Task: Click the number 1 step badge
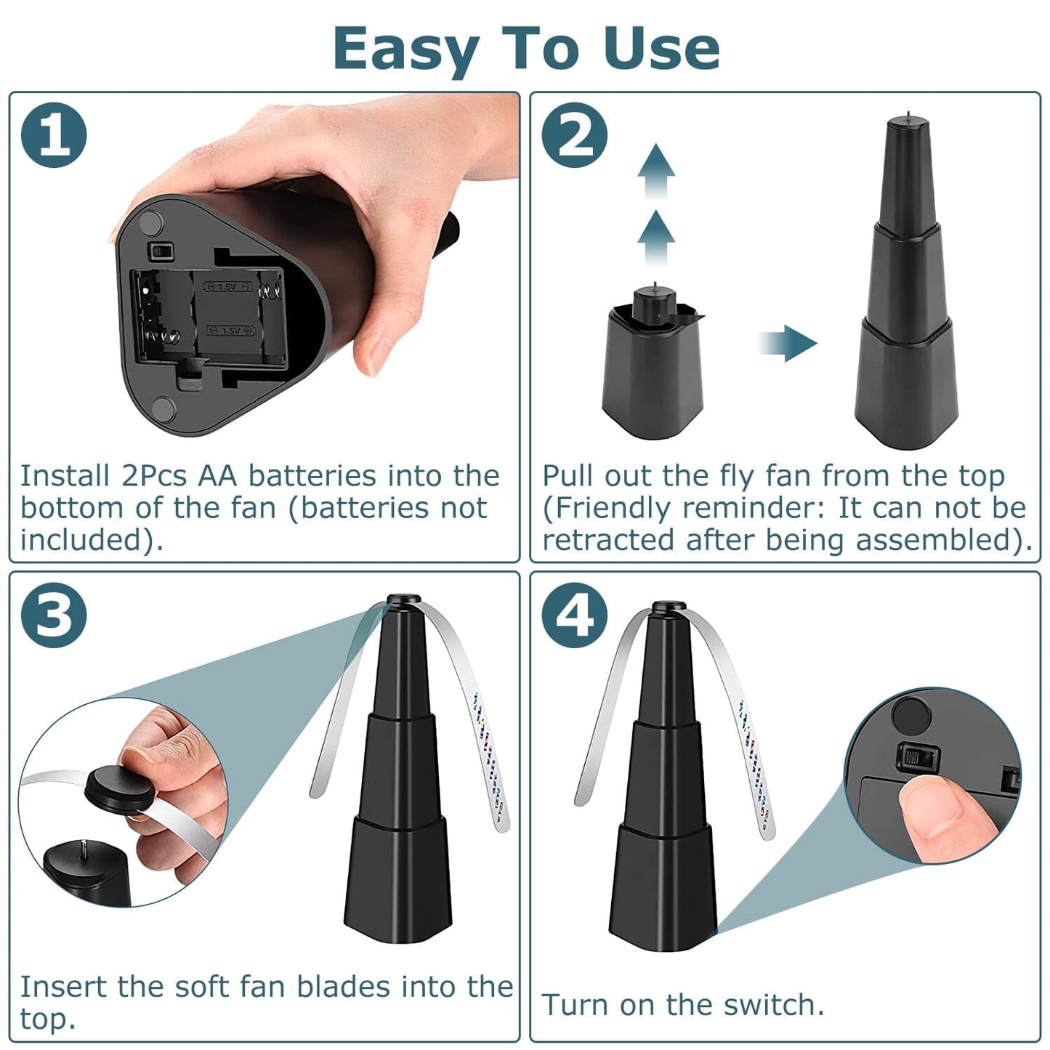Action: click(54, 135)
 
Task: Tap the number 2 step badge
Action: click(574, 135)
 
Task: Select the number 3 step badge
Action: click(54, 615)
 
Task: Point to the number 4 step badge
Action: click(574, 615)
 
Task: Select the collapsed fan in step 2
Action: click(652, 367)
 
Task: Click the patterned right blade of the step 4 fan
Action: click(756, 770)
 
